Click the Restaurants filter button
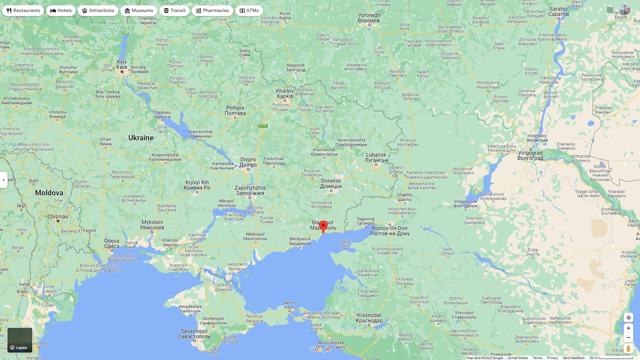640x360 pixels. click(x=23, y=11)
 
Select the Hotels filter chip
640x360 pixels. click(x=61, y=11)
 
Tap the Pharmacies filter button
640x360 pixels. click(x=212, y=11)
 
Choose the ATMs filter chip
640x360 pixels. click(x=249, y=11)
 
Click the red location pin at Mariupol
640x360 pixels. click(x=323, y=226)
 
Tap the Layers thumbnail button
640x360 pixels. click(x=20, y=340)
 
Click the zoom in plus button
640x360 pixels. click(x=628, y=328)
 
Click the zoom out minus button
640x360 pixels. click(x=628, y=337)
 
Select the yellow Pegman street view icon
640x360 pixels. click(x=628, y=349)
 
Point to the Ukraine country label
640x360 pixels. click(x=141, y=138)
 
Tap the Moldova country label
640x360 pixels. click(x=49, y=193)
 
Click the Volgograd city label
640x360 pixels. click(x=530, y=155)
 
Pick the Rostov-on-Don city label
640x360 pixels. click(x=389, y=231)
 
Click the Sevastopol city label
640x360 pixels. click(x=194, y=334)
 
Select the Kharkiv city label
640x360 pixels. click(x=285, y=93)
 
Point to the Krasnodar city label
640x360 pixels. click(x=369, y=318)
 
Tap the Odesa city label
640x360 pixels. click(x=112, y=243)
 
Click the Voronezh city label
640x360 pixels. click(x=369, y=18)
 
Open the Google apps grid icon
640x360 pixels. click(x=610, y=10)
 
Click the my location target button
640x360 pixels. click(x=628, y=317)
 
